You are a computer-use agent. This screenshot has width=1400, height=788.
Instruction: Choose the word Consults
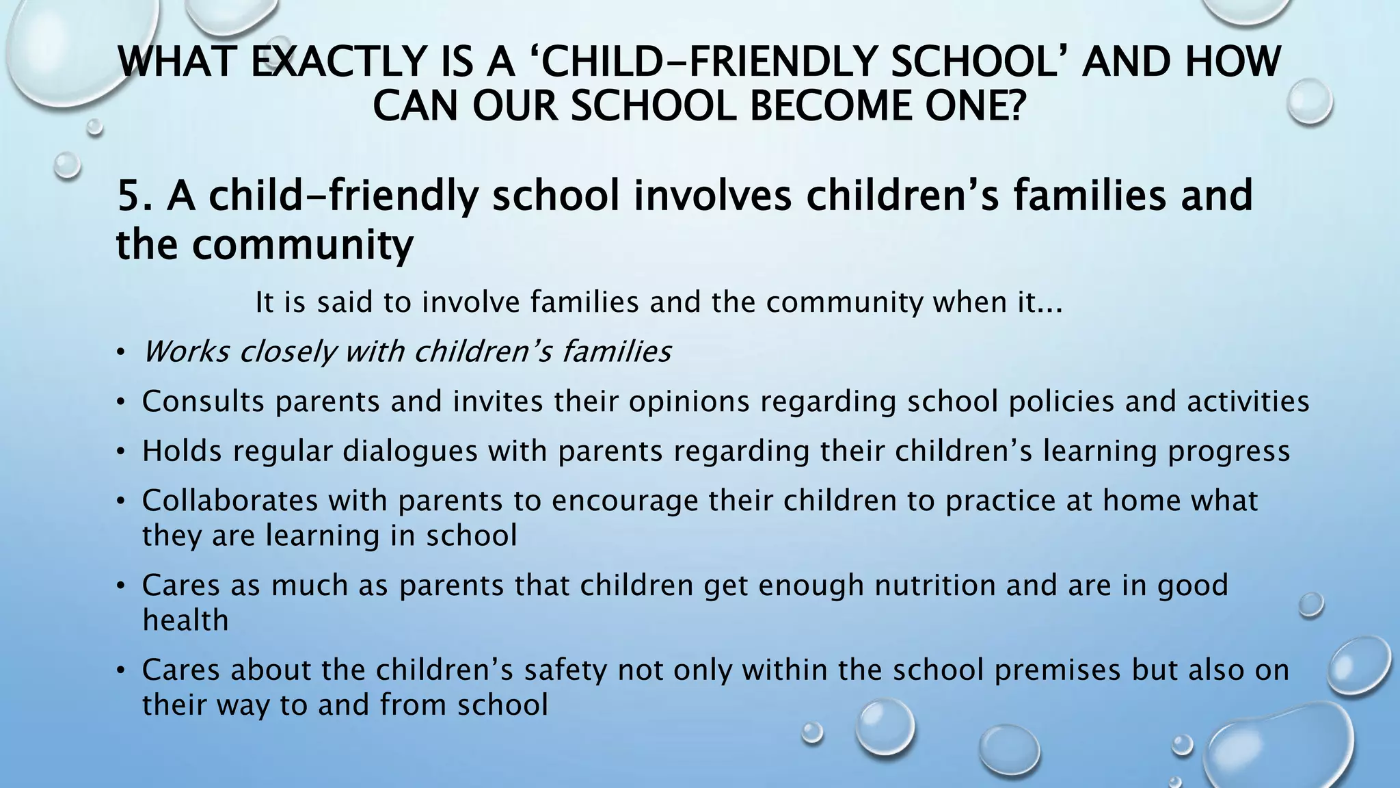[203, 402]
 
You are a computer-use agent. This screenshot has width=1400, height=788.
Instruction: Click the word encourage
[625, 501]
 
